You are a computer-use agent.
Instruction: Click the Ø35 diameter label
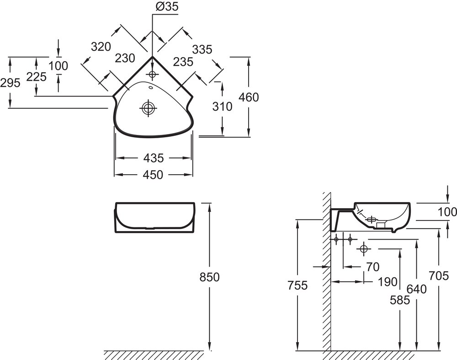pyautogui.click(x=166, y=6)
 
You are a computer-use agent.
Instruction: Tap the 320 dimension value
pyautogui.click(x=101, y=47)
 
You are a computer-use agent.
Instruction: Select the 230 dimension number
pyautogui.click(x=125, y=58)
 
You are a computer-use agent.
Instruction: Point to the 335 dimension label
pyautogui.click(x=202, y=49)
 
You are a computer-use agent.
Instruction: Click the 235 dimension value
pyautogui.click(x=183, y=62)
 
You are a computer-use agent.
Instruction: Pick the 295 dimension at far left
pyautogui.click(x=10, y=83)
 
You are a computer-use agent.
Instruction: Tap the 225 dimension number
pyautogui.click(x=37, y=77)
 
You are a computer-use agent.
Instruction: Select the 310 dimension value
pyautogui.click(x=223, y=107)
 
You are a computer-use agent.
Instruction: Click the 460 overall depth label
pyautogui.click(x=249, y=97)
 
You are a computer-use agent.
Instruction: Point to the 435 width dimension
pyautogui.click(x=153, y=158)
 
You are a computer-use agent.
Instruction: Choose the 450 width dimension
pyautogui.click(x=153, y=175)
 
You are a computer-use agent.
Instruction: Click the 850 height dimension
pyautogui.click(x=210, y=277)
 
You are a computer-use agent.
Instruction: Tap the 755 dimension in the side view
pyautogui.click(x=298, y=286)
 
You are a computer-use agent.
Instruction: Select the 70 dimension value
pyautogui.click(x=373, y=266)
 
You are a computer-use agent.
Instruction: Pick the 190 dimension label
pyautogui.click(x=388, y=282)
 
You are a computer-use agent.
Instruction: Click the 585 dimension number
pyautogui.click(x=399, y=300)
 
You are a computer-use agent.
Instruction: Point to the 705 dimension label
pyautogui.click(x=439, y=275)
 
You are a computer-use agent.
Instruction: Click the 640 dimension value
pyautogui.click(x=416, y=289)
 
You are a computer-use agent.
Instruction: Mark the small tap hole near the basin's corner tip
pyautogui.click(x=152, y=73)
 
